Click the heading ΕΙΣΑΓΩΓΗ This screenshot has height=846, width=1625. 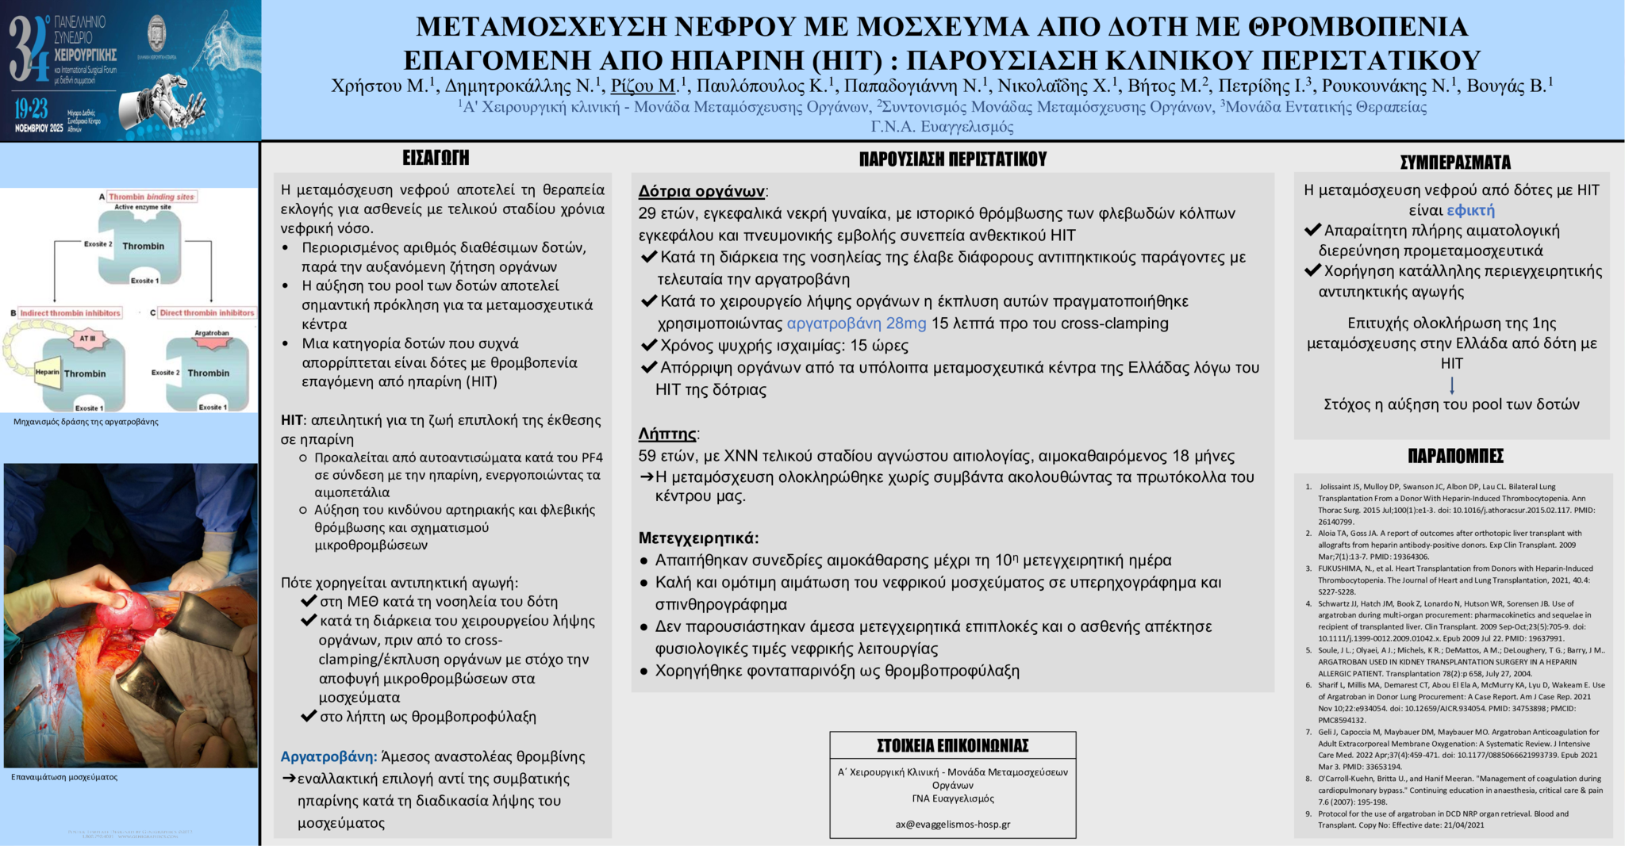(436, 158)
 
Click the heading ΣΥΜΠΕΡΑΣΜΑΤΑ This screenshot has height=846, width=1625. (1454, 163)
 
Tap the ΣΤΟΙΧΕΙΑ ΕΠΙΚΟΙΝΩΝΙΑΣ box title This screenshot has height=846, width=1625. (952, 745)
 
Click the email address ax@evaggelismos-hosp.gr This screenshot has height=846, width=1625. (952, 824)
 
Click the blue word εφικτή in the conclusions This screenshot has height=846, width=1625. (1470, 210)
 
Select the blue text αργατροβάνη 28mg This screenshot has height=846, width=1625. (856, 323)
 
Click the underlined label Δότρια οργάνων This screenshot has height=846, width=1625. (701, 191)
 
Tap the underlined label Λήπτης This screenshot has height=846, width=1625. (667, 434)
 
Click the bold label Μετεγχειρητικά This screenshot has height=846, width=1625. (698, 538)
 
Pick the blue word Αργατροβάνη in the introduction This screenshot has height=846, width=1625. (328, 756)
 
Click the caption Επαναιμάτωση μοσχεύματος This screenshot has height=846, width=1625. (64, 777)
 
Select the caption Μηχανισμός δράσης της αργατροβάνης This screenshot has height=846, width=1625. (86, 422)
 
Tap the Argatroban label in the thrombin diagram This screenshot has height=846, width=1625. (211, 333)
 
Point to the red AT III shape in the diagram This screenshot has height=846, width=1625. (86, 339)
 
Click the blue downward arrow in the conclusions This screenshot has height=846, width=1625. (1452, 385)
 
